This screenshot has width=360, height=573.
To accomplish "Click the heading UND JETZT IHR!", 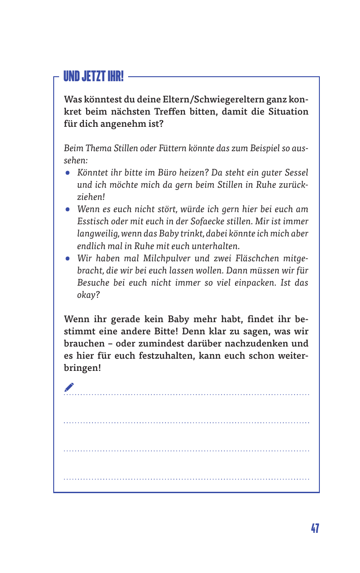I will click(93, 76).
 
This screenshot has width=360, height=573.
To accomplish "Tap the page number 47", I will click(314, 528).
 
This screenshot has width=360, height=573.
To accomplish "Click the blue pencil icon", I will click(69, 387).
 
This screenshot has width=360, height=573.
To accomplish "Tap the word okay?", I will click(88, 295).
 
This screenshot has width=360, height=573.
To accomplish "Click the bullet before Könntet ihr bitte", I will click(67, 173).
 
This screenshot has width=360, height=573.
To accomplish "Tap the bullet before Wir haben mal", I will click(67, 259).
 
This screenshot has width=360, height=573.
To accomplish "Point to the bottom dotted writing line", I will click(186, 478).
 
